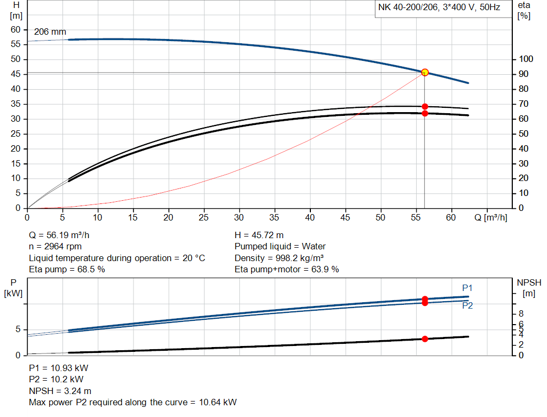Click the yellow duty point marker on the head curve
(x=425, y=72)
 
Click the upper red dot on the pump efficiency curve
(x=425, y=106)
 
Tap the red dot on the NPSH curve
(x=425, y=339)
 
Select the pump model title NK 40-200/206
(x=440, y=9)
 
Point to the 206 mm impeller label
(x=50, y=32)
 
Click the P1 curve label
(x=467, y=288)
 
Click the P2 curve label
(x=467, y=305)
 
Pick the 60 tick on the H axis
(x=15, y=29)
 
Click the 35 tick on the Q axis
(x=274, y=217)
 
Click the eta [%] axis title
(x=524, y=10)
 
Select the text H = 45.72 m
(x=259, y=235)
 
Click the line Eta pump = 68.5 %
(x=67, y=269)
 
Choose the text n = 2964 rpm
(x=56, y=246)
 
